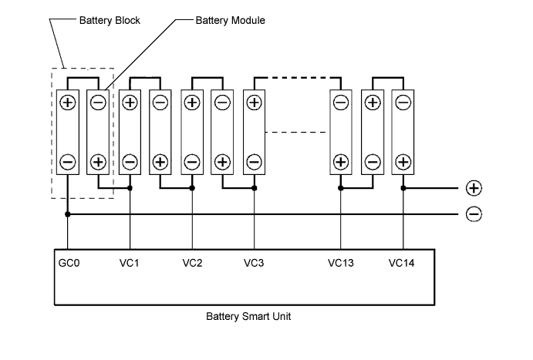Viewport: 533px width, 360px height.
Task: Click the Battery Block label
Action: pyautogui.click(x=110, y=20)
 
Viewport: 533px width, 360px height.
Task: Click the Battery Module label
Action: pyautogui.click(x=230, y=20)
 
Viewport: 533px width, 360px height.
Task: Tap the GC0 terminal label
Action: pyautogui.click(x=69, y=263)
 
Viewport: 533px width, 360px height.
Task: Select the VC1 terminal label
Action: pyautogui.click(x=129, y=263)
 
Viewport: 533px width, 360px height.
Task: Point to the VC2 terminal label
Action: pyautogui.click(x=192, y=263)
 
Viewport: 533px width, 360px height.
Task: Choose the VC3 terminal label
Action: pyautogui.click(x=254, y=263)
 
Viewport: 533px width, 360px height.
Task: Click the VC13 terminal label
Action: pyautogui.click(x=341, y=263)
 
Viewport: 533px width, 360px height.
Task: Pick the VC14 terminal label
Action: pyautogui.click(x=401, y=263)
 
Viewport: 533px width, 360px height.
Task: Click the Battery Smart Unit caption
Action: pyautogui.click(x=248, y=317)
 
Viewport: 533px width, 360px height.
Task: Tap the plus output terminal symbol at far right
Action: pyautogui.click(x=474, y=188)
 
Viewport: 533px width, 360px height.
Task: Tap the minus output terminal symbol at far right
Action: pyautogui.click(x=474, y=214)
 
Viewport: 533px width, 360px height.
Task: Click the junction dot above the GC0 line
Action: pyautogui.click(x=68, y=214)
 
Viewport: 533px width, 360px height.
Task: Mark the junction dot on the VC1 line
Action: pyautogui.click(x=130, y=188)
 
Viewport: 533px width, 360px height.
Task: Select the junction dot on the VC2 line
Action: pyautogui.click(x=192, y=188)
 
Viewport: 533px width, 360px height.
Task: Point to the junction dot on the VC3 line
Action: pyautogui.click(x=255, y=188)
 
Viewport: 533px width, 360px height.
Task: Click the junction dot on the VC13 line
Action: pyautogui.click(x=341, y=188)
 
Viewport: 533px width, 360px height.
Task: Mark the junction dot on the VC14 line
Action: pyautogui.click(x=403, y=188)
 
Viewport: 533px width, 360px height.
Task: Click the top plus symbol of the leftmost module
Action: pyautogui.click(x=68, y=103)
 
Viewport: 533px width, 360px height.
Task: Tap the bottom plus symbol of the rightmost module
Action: pyautogui.click(x=403, y=162)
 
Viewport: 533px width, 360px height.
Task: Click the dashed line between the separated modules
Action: pyautogui.click(x=295, y=132)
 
